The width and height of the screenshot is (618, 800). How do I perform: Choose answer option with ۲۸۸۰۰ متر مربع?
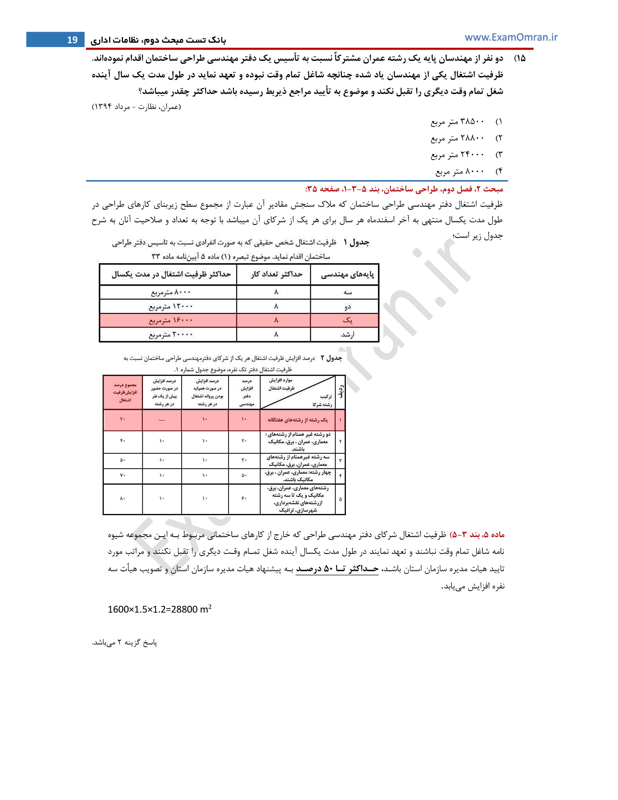pyautogui.click(x=457, y=138)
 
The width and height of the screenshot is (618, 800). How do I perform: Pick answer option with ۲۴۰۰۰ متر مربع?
pyautogui.click(x=457, y=155)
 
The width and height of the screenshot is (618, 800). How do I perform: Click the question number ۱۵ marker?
pyautogui.click(x=520, y=58)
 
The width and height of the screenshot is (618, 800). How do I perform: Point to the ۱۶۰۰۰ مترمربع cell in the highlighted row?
pyautogui.click(x=171, y=320)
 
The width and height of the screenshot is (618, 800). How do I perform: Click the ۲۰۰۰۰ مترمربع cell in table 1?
pyautogui.click(x=171, y=335)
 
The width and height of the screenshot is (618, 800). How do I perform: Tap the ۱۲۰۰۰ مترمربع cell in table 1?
pyautogui.click(x=171, y=306)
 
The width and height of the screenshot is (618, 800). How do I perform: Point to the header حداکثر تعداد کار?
pyautogui.click(x=277, y=274)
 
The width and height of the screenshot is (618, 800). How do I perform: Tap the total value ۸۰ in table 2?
pyautogui.click(x=123, y=498)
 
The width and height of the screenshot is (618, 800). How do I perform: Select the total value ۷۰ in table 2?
pyautogui.click(x=123, y=475)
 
